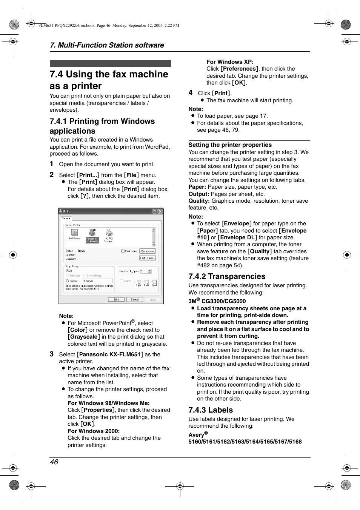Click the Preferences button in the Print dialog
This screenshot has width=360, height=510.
click(x=147, y=251)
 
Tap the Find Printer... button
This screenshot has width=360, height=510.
click(x=147, y=258)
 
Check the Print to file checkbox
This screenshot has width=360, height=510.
click(x=123, y=251)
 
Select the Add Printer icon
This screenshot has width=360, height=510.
click(x=74, y=234)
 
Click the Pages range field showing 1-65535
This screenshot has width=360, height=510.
click(x=97, y=281)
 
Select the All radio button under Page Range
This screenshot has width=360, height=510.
click(x=67, y=271)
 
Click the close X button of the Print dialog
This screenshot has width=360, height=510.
click(x=160, y=211)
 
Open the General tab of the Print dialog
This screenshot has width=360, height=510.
click(x=66, y=218)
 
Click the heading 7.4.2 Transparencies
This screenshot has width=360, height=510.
click(x=227, y=276)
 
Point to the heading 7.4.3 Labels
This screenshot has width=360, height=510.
click(x=211, y=410)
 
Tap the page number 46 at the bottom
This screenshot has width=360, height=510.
click(x=54, y=462)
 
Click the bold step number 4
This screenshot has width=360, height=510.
click(x=191, y=93)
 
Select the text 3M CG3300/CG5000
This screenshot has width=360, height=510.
click(x=217, y=301)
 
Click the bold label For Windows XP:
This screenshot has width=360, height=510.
click(x=230, y=62)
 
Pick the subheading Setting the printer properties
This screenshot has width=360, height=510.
click(x=230, y=145)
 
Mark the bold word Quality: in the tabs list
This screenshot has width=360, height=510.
click(x=199, y=201)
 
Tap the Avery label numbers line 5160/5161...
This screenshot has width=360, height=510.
click(x=245, y=442)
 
